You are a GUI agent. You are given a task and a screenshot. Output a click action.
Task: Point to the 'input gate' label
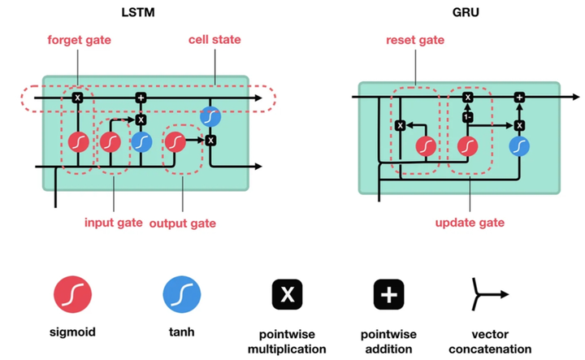tap(115, 222)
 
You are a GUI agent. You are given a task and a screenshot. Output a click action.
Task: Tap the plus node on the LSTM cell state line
tap(141, 98)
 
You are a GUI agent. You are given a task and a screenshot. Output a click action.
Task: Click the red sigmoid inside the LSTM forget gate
tap(78, 143)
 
